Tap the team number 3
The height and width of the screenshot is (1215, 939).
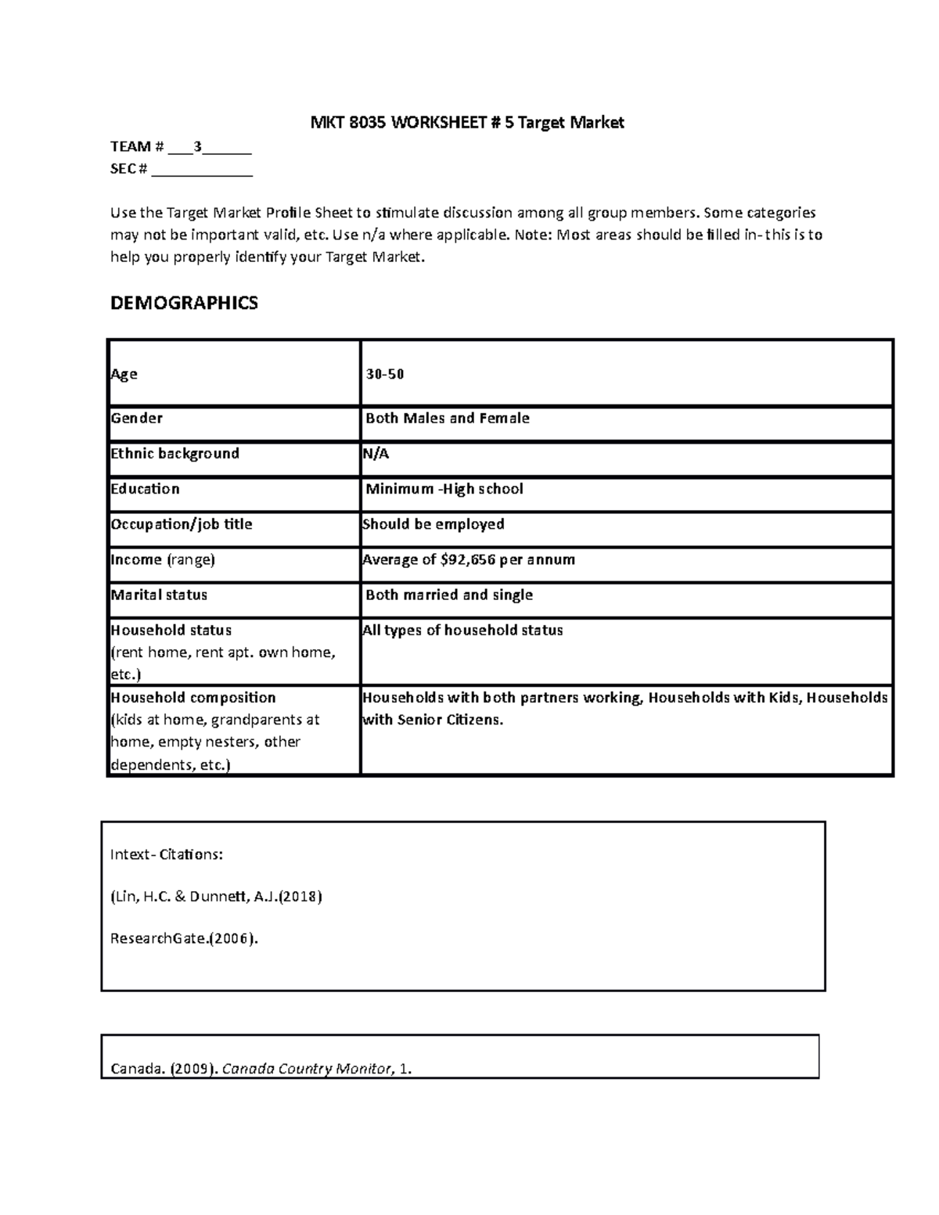[198, 146]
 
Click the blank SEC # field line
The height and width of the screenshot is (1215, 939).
[202, 170]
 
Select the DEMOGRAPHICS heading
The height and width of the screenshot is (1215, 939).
[184, 304]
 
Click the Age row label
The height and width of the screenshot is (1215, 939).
[124, 374]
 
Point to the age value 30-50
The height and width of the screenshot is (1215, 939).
[385, 374]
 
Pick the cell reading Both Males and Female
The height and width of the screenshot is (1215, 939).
[448, 419]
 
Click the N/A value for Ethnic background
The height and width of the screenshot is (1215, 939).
[376, 454]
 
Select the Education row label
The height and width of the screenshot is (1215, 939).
[146, 489]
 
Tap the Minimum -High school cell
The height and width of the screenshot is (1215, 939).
[444, 489]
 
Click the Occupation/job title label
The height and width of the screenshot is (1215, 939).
[182, 524]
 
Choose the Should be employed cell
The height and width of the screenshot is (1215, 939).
[434, 524]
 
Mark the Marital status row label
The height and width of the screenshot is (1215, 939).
[159, 595]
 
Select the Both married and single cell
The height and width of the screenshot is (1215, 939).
[449, 595]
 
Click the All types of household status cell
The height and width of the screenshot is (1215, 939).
[462, 631]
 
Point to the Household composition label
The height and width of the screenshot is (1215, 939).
[193, 698]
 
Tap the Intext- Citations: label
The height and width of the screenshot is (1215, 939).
[167, 854]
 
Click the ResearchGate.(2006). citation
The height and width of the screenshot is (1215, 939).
[184, 939]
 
